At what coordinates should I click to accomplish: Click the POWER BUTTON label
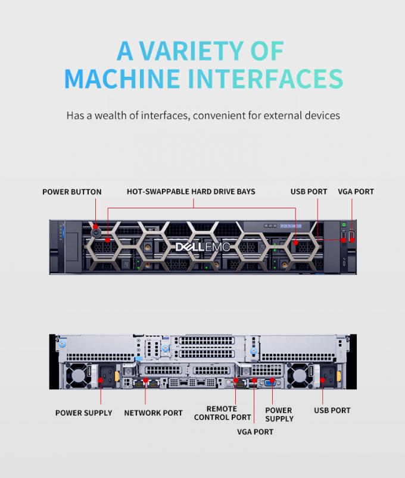point(71,192)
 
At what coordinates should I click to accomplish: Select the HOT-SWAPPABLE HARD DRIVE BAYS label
point(191,192)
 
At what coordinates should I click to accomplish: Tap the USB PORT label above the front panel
point(309,192)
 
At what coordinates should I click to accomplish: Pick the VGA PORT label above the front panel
point(356,192)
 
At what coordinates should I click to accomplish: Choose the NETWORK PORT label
point(153,413)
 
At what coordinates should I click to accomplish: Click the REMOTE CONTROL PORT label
point(222,413)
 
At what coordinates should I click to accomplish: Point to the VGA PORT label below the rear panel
point(254,432)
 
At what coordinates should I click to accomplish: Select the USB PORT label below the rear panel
point(332,410)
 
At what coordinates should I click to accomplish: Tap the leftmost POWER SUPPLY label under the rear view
point(83,413)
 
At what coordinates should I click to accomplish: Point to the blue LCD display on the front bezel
point(290,227)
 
